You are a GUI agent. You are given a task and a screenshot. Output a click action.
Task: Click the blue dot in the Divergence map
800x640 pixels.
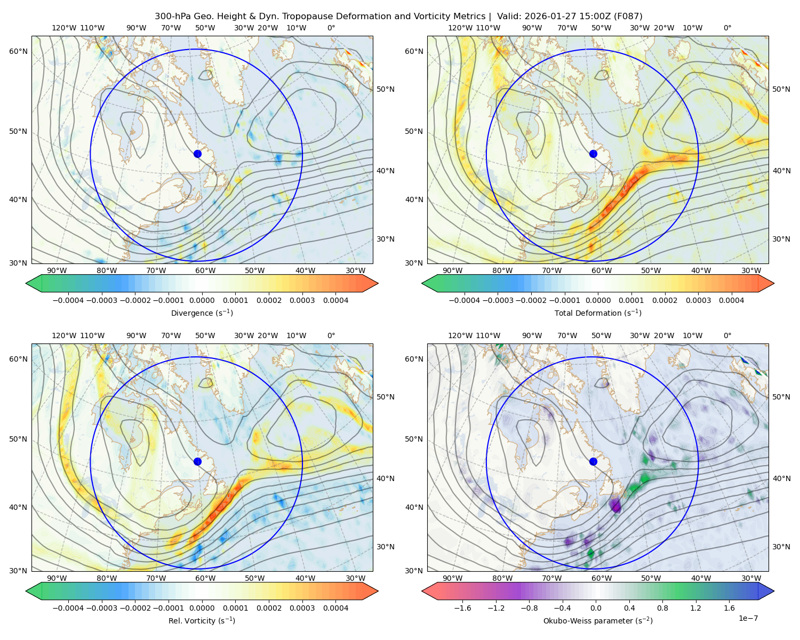pyautogui.click(x=197, y=154)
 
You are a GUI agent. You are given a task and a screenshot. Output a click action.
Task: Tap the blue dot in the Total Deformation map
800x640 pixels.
pyautogui.click(x=593, y=154)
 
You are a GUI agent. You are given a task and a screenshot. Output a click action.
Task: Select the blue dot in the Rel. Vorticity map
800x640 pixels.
pyautogui.click(x=197, y=461)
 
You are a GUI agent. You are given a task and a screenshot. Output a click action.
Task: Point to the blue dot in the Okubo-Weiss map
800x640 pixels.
pyautogui.click(x=593, y=461)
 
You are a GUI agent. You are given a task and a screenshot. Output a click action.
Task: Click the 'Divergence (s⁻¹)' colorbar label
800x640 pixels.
pyautogui.click(x=202, y=313)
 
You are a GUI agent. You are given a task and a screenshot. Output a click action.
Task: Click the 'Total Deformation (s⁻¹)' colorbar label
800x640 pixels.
pyautogui.click(x=598, y=313)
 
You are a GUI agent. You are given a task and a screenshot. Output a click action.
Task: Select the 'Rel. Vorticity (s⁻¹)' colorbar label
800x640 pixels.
pyautogui.click(x=202, y=620)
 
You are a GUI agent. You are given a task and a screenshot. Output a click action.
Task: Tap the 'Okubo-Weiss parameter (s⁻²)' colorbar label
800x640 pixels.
pyautogui.click(x=598, y=620)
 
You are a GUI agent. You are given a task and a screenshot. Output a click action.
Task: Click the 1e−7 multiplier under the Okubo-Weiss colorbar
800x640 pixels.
pyautogui.click(x=748, y=618)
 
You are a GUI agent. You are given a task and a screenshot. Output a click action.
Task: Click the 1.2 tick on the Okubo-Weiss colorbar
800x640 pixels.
pyautogui.click(x=695, y=608)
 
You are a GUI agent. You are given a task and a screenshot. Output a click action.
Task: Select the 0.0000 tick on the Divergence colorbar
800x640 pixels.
pyautogui.click(x=202, y=300)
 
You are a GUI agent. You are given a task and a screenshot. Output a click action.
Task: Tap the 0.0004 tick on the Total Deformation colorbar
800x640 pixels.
pyautogui.click(x=731, y=300)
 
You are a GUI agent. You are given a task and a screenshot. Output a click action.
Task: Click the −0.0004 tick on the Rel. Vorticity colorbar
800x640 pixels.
pyautogui.click(x=68, y=608)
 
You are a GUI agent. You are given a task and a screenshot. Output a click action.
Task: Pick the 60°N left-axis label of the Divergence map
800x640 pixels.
pyautogui.click(x=18, y=51)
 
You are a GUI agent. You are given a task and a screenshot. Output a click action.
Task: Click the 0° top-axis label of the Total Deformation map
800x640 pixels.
pyautogui.click(x=727, y=28)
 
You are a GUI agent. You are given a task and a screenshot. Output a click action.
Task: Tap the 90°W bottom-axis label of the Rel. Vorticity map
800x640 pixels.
pyautogui.click(x=57, y=578)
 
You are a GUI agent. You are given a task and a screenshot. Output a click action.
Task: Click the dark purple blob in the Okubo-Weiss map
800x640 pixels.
pyautogui.click(x=615, y=506)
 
